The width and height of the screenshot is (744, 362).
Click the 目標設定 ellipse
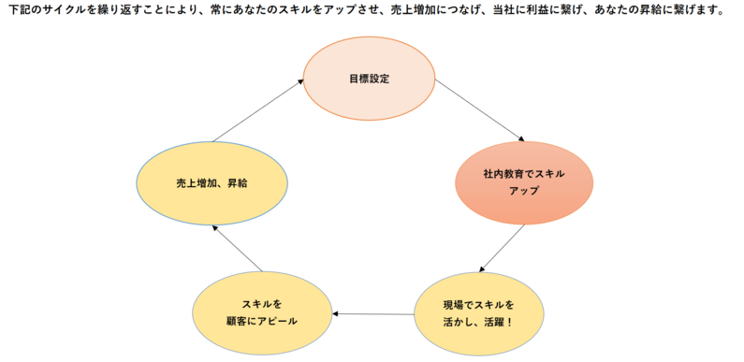(x=369, y=79)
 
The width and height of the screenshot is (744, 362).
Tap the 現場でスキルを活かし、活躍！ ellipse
(x=479, y=313)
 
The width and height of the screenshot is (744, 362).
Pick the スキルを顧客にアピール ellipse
(x=262, y=312)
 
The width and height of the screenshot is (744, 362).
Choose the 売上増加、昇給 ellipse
(x=212, y=183)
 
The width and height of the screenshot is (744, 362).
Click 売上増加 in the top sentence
(x=411, y=9)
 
